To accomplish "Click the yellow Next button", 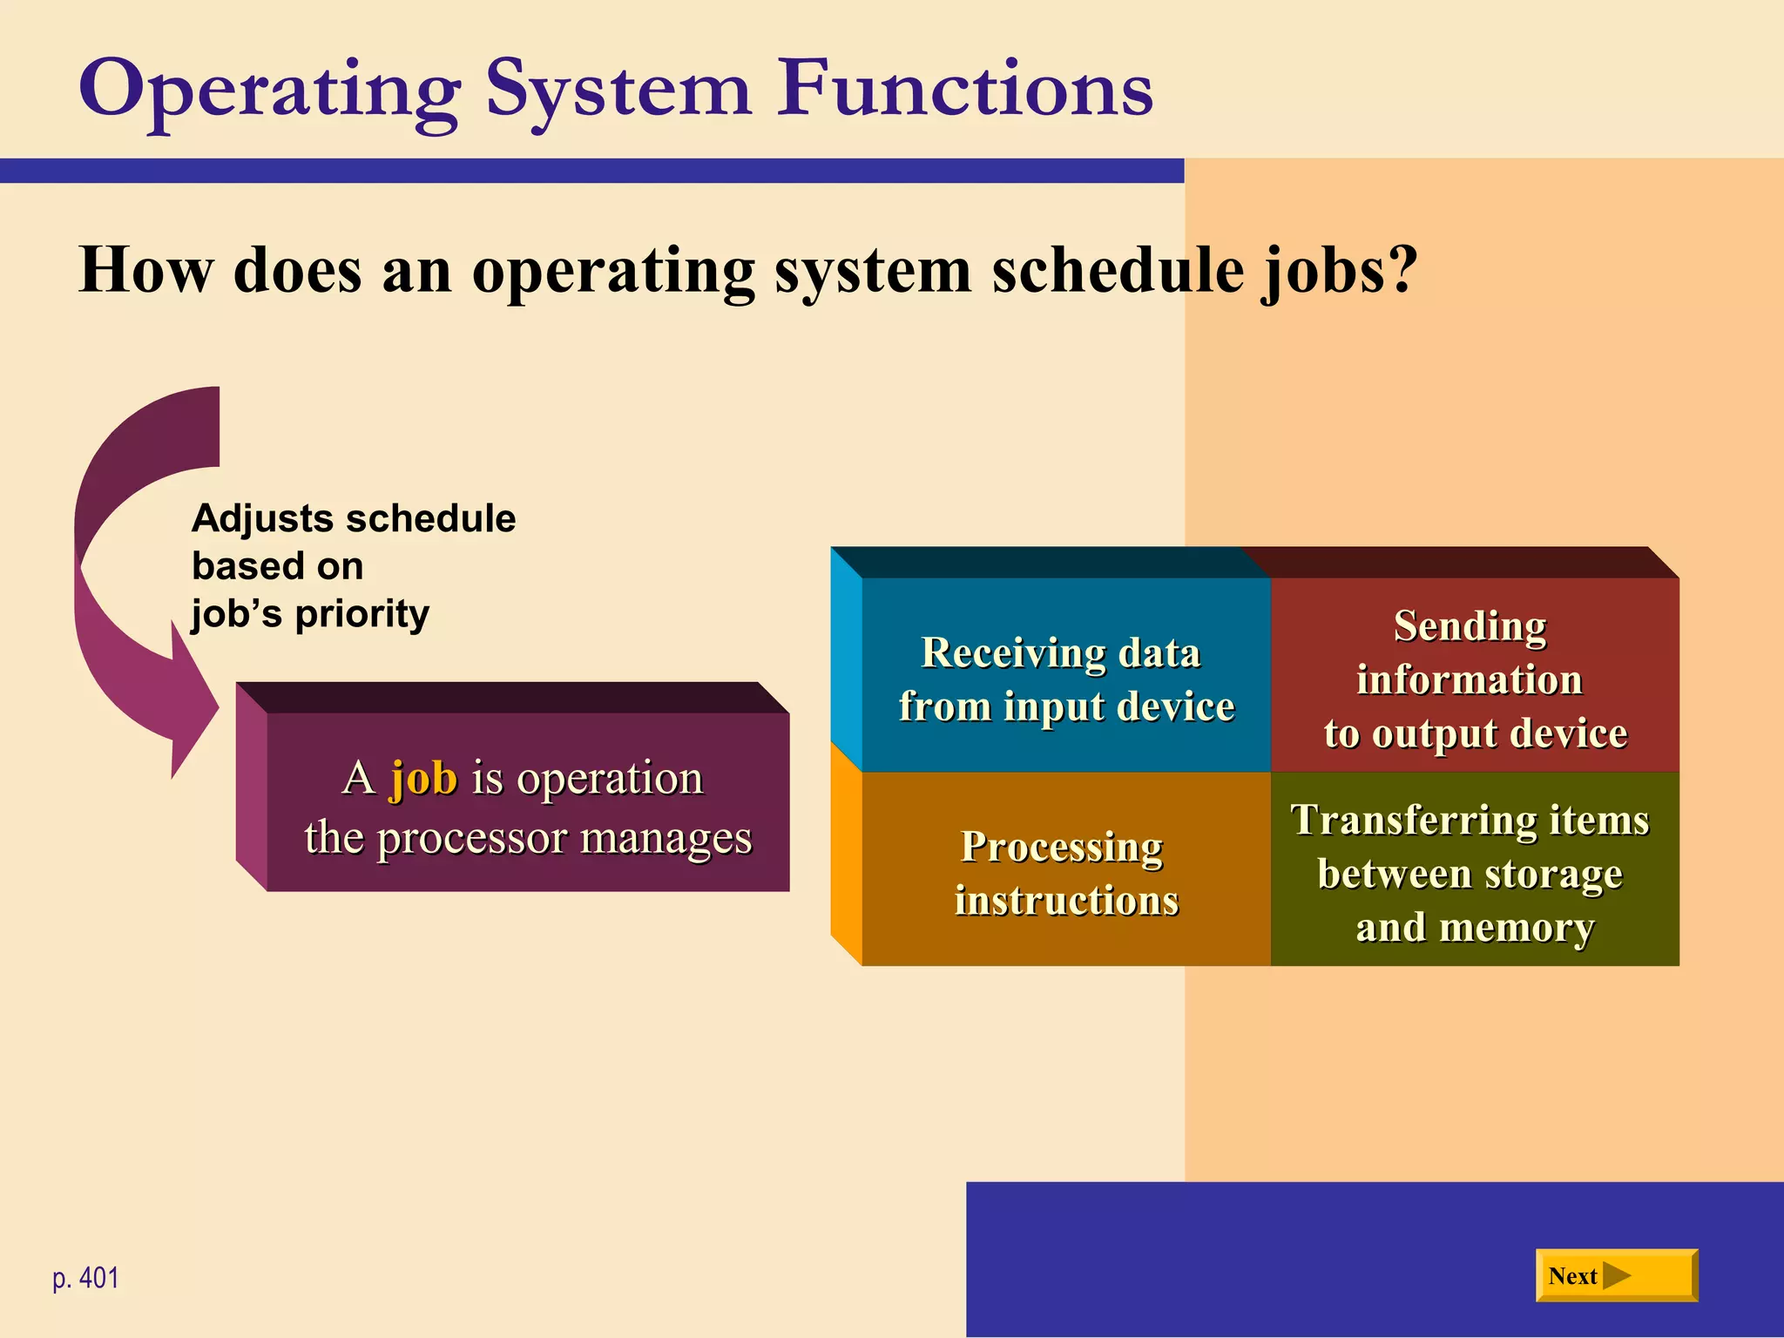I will pyautogui.click(x=1616, y=1275).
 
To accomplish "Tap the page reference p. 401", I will pyautogui.click(x=85, y=1278).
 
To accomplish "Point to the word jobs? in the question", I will pyautogui.click(x=1340, y=270).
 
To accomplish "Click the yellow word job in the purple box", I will pyautogui.click(x=423, y=777).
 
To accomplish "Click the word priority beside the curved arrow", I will pyautogui.click(x=362, y=613).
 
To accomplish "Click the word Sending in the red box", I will pyautogui.click(x=1470, y=626).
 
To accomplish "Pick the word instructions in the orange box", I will pyautogui.click(x=1066, y=901).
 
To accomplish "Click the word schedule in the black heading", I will pyautogui.click(x=1118, y=270).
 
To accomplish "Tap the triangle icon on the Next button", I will pyautogui.click(x=1616, y=1276).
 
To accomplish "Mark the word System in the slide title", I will pyautogui.click(x=618, y=90).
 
